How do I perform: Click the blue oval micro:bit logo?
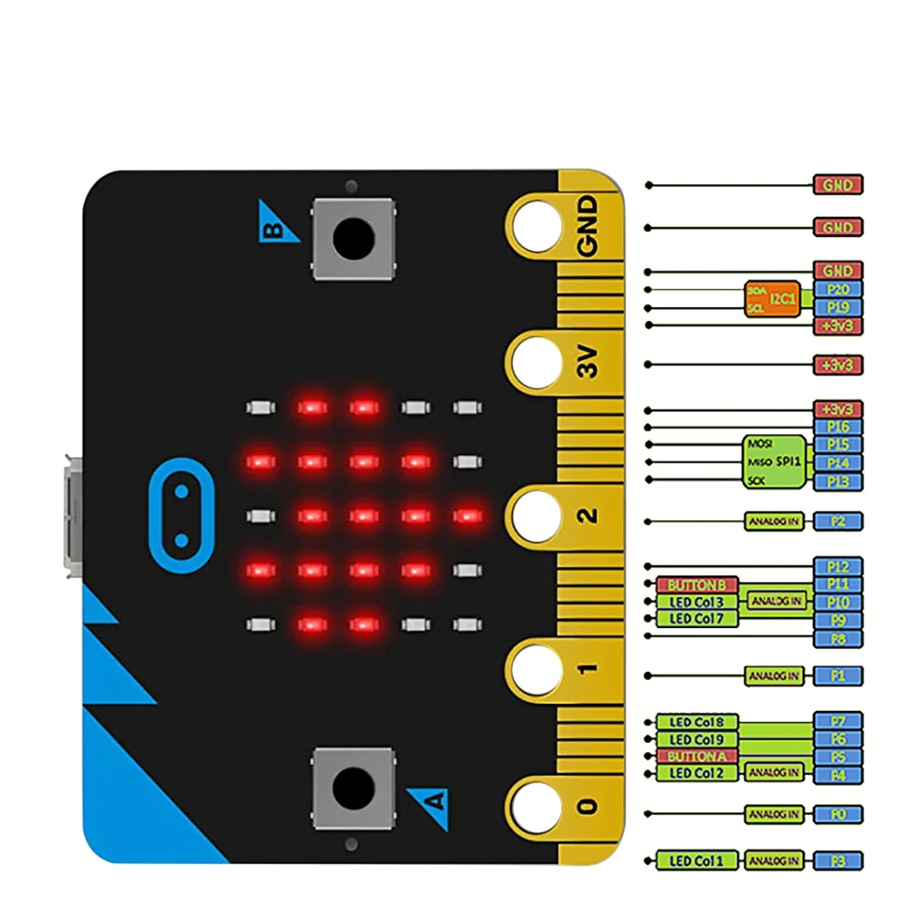[x=182, y=516]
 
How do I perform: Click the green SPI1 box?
[x=774, y=461]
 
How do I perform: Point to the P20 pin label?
[x=838, y=289]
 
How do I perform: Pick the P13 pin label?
[x=838, y=481]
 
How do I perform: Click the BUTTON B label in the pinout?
[x=697, y=584]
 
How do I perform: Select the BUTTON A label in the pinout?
[x=697, y=756]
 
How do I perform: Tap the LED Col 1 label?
[x=697, y=861]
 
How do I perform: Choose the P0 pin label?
[x=838, y=814]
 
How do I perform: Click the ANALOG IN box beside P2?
[x=773, y=522]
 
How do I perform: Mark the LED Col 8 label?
[x=697, y=721]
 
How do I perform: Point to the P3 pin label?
[x=838, y=861]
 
